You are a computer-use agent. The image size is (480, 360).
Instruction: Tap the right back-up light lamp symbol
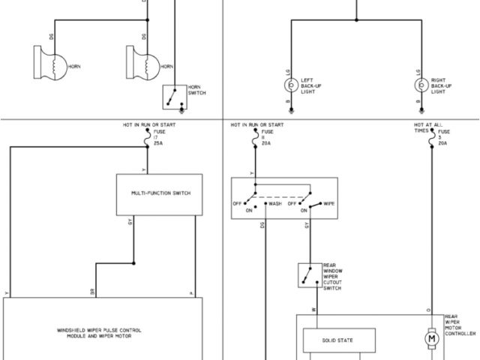coord(421,85)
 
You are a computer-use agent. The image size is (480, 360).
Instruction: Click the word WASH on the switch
coord(275,203)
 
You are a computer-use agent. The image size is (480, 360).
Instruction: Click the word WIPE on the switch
coord(328,203)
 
